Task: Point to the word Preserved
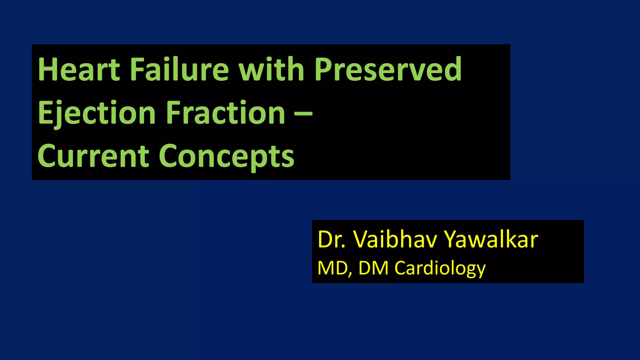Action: click(x=387, y=69)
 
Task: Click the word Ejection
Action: click(x=97, y=113)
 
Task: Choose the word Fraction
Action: click(x=225, y=113)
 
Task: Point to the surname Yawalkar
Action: click(x=491, y=240)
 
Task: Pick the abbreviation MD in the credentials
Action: click(x=332, y=268)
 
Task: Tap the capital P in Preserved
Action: click(x=323, y=69)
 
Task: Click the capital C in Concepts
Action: click(x=169, y=156)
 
